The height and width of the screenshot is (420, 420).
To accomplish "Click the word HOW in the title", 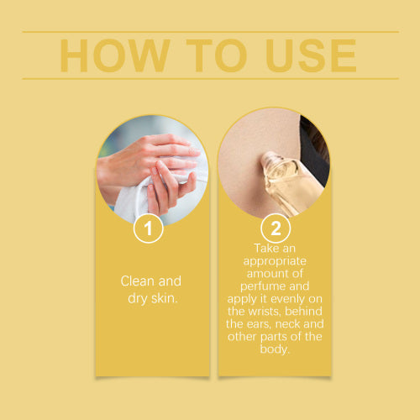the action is click(115, 55).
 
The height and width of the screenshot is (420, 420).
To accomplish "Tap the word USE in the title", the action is click(311, 55).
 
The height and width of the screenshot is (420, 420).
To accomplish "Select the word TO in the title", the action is click(216, 55).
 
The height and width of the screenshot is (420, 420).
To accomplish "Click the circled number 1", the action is click(149, 228).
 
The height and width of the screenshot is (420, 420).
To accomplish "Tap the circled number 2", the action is click(276, 228).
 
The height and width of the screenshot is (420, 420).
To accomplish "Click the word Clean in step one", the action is click(137, 281).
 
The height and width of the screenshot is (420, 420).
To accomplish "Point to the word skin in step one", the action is click(165, 298).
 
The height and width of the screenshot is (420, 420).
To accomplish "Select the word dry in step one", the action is click(137, 299).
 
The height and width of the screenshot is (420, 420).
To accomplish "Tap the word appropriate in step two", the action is click(275, 262).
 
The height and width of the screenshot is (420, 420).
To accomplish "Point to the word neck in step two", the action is click(288, 324).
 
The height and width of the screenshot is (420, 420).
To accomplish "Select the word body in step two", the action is click(275, 349).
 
